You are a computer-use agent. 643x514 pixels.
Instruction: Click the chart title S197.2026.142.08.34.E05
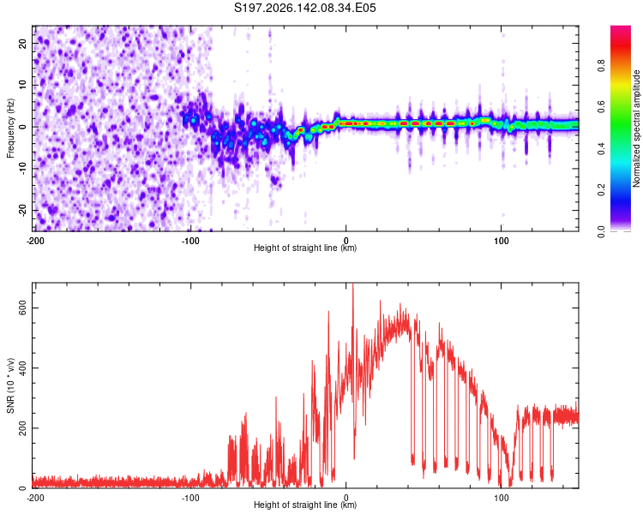[304, 8]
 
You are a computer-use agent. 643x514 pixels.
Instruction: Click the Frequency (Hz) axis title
[10, 128]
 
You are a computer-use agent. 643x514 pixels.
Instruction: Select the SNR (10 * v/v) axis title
[10, 385]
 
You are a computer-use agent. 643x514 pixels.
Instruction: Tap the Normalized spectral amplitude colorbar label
[636, 128]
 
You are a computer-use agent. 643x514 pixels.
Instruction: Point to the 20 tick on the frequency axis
[23, 43]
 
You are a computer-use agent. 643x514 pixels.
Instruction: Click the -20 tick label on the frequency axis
[23, 210]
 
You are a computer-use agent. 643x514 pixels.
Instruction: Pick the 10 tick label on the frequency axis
[23, 85]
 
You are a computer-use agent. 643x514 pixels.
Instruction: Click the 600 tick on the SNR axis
[23, 308]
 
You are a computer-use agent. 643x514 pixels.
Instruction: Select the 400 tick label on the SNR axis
[23, 368]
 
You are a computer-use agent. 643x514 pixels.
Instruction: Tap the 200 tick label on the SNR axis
[23, 428]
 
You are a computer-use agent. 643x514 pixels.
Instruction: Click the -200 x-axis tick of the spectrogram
[36, 241]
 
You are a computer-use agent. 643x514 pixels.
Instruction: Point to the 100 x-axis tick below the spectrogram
[502, 241]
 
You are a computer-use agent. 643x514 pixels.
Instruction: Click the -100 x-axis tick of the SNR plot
[190, 498]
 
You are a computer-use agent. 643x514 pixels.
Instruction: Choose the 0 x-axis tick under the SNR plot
[346, 498]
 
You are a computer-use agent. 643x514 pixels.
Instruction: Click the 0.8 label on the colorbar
[601, 66]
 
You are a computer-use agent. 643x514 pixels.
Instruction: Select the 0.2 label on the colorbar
[601, 190]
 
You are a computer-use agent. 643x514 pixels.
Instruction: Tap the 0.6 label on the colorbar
[601, 107]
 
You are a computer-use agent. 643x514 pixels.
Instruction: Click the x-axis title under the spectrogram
[305, 248]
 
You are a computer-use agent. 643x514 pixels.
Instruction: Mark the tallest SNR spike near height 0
[353, 284]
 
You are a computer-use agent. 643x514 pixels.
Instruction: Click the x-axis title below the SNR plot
[305, 505]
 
